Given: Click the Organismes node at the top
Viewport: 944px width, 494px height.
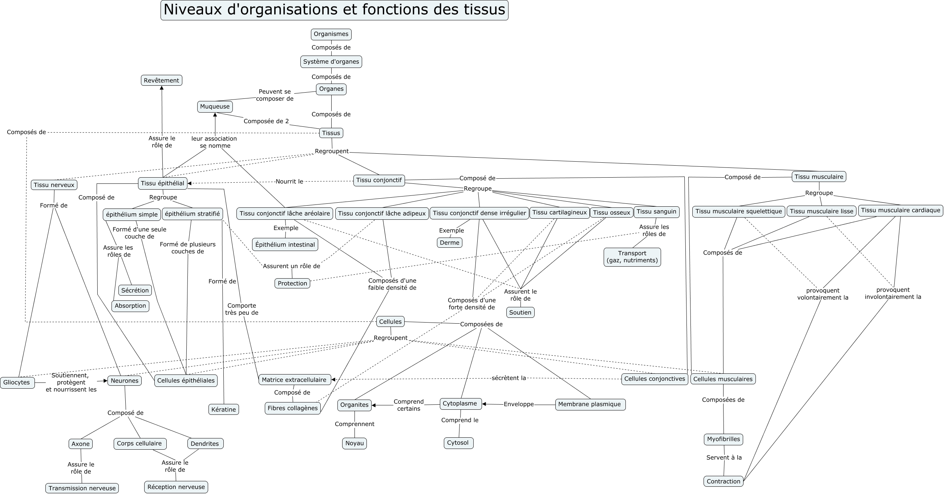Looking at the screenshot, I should pos(331,34).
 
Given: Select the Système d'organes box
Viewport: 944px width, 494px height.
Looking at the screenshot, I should pos(331,61).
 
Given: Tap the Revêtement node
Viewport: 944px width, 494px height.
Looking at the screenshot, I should pos(161,80).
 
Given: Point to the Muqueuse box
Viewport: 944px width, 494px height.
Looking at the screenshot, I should pos(215,107).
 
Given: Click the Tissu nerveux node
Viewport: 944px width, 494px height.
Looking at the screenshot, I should pos(54,185).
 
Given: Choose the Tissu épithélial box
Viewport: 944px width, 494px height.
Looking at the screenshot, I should pos(163,183).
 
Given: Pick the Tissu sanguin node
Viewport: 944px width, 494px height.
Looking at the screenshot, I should pos(656,211).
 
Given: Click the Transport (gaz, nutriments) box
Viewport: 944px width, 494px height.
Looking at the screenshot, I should pos(632,257).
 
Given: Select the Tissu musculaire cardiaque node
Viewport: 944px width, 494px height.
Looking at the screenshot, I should pos(900,210).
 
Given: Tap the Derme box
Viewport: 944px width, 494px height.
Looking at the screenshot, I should pos(450,243).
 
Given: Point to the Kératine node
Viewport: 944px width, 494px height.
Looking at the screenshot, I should pos(223,409).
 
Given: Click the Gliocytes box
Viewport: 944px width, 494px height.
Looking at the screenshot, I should pos(17,382).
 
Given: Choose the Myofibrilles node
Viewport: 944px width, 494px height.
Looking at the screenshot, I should pos(724,439).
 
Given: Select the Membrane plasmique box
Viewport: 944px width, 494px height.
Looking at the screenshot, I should pos(590,404).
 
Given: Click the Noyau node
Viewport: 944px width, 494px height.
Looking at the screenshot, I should pos(354,443).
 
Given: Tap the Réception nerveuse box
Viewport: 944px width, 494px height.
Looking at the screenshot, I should pos(176,487).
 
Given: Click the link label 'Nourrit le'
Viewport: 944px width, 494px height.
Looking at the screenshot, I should pos(289,181).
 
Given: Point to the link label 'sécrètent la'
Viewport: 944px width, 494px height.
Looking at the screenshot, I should pos(509,378).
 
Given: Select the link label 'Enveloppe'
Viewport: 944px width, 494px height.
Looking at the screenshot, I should pos(519,404).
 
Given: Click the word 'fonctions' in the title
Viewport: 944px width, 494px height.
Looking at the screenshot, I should pos(392,9).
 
